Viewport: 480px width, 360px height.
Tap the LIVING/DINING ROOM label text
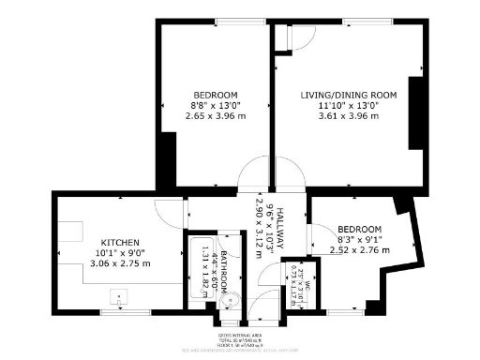tap(349, 96)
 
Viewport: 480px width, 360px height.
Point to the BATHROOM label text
tap(221, 270)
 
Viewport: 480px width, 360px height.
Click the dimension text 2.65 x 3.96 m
tap(216, 116)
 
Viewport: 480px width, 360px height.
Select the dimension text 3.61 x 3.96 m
tap(349, 116)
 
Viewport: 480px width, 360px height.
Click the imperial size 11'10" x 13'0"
tap(349, 106)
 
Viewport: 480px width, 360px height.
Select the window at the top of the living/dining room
tap(354, 22)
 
